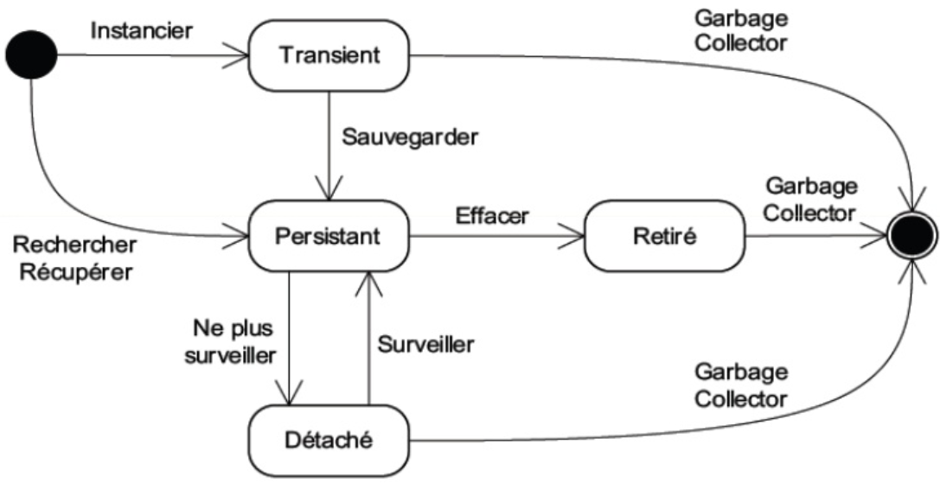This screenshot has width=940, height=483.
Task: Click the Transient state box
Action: pyautogui.click(x=329, y=56)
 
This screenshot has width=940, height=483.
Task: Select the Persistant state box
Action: pyautogui.click(x=329, y=234)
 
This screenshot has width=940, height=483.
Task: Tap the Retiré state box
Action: pyautogui.click(x=665, y=234)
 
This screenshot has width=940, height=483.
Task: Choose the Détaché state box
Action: pyautogui.click(x=329, y=439)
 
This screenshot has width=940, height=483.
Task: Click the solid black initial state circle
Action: pyautogui.click(x=31, y=57)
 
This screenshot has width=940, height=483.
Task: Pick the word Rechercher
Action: pyautogui.click(x=74, y=245)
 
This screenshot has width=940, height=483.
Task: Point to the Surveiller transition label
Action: pyautogui.click(x=425, y=344)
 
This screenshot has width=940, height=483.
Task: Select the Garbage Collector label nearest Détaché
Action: pyautogui.click(x=741, y=385)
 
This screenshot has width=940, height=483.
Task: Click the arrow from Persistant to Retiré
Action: pyautogui.click(x=498, y=234)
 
